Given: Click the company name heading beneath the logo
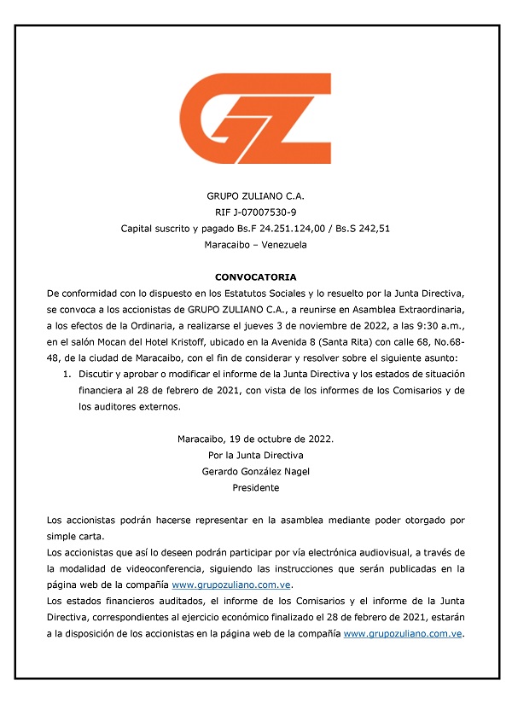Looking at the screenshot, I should pos(256,195).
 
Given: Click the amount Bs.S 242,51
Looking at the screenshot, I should pos(362,228).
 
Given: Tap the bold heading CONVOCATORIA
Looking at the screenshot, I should pos(256,277).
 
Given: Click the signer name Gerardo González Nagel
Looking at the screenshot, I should pos(256,472).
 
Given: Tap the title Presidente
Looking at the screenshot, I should pos(256,488).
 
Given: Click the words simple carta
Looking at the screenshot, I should pos(75,537).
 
